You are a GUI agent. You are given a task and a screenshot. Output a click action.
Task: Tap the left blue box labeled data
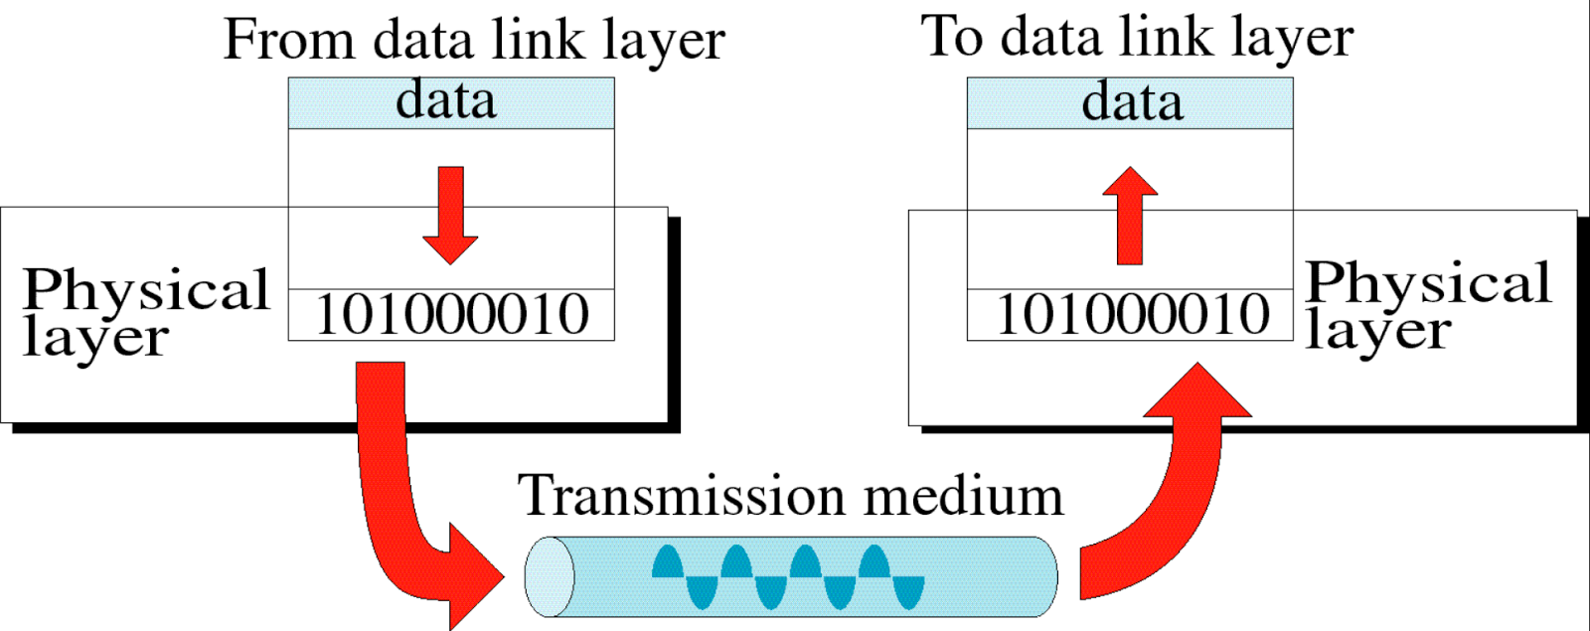(451, 102)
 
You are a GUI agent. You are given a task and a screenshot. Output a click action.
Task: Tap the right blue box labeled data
(1130, 102)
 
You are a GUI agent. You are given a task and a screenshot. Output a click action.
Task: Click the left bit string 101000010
(451, 315)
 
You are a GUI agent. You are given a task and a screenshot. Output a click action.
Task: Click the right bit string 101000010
(1131, 315)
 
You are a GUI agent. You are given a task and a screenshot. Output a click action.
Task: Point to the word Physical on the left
(146, 291)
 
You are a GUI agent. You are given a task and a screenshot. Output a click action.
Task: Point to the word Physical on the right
(1428, 284)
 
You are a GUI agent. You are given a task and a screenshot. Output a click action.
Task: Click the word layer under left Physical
(95, 338)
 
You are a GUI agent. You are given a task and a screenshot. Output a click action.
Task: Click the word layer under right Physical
(1377, 331)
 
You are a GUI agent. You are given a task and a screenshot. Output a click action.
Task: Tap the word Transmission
(682, 495)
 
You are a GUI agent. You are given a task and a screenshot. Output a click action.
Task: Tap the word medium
(963, 495)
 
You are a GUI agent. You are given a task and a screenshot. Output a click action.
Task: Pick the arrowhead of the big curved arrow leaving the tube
(1197, 393)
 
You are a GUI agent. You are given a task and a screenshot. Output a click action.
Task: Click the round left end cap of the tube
(549, 576)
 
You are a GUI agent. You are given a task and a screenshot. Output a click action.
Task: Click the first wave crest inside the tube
(668, 563)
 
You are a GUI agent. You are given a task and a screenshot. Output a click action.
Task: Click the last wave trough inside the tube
(908, 593)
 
